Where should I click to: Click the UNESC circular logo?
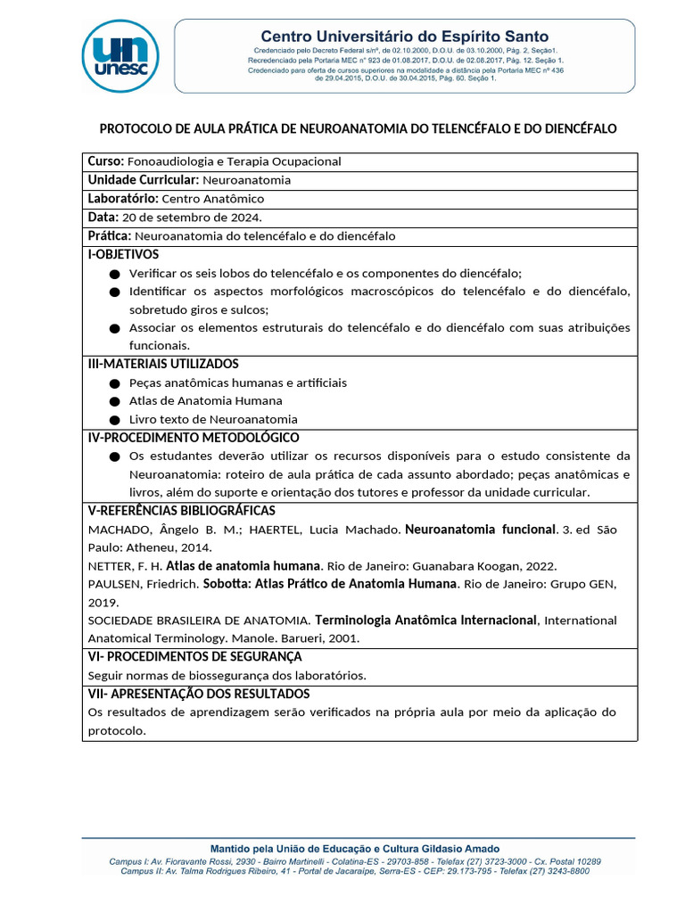pos(120,54)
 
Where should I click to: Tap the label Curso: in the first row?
pos(106,161)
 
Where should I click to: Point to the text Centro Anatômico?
pos(212,199)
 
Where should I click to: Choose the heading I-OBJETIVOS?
pos(123,254)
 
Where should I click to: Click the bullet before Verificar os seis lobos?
pos(113,274)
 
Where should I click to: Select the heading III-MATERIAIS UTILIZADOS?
pos(162,364)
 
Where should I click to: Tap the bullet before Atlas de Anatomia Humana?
pos(113,401)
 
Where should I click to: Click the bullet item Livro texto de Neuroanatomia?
pos(213,419)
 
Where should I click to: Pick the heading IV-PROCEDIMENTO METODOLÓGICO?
pos(193,438)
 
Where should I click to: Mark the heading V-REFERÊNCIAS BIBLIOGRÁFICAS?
pos(181,511)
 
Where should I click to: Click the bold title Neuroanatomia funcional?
pos(481,530)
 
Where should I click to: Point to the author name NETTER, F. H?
pos(125,566)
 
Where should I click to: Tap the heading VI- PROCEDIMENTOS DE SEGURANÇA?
pos(194,656)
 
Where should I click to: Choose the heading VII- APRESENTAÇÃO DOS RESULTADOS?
pos(198,694)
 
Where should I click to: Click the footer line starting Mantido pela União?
pos(354,848)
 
